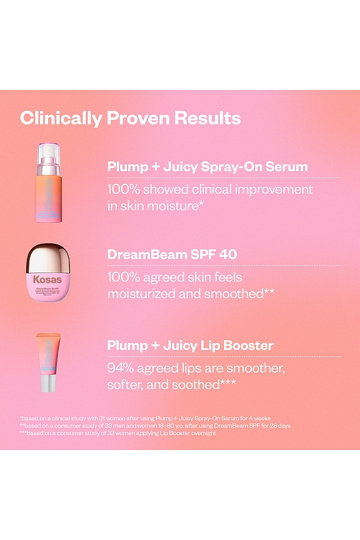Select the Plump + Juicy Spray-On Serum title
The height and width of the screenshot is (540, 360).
point(207,167)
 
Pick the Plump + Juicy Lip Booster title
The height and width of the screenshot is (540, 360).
point(190,345)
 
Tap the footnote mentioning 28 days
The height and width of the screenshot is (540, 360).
point(155,426)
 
